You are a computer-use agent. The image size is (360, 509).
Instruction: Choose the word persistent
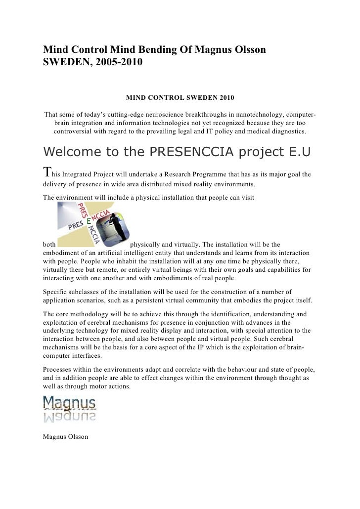180,300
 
